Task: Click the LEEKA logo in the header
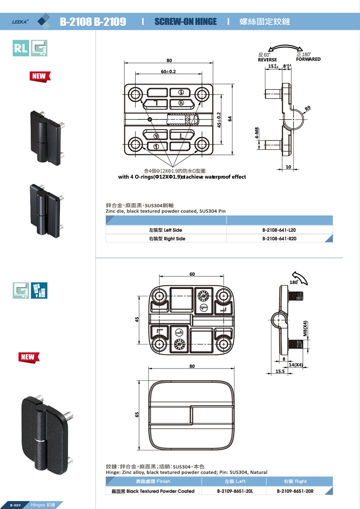click(20, 21)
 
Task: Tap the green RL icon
click(21, 48)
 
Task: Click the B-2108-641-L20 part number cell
click(279, 230)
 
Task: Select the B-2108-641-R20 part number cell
click(279, 239)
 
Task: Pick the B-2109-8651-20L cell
click(235, 491)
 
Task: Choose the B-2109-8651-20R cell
click(295, 491)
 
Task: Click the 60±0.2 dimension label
click(168, 72)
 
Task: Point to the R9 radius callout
click(307, 108)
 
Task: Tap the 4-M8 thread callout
click(256, 133)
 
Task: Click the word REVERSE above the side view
click(267, 60)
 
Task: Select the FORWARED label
click(308, 59)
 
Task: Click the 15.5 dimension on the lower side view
click(280, 372)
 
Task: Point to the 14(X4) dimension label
click(296, 365)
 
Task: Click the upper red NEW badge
click(39, 76)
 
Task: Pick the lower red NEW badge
click(28, 357)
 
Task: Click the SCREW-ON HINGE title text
click(185, 22)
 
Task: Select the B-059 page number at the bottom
click(15, 505)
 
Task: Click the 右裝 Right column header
click(295, 482)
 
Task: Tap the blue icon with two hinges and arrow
click(39, 291)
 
